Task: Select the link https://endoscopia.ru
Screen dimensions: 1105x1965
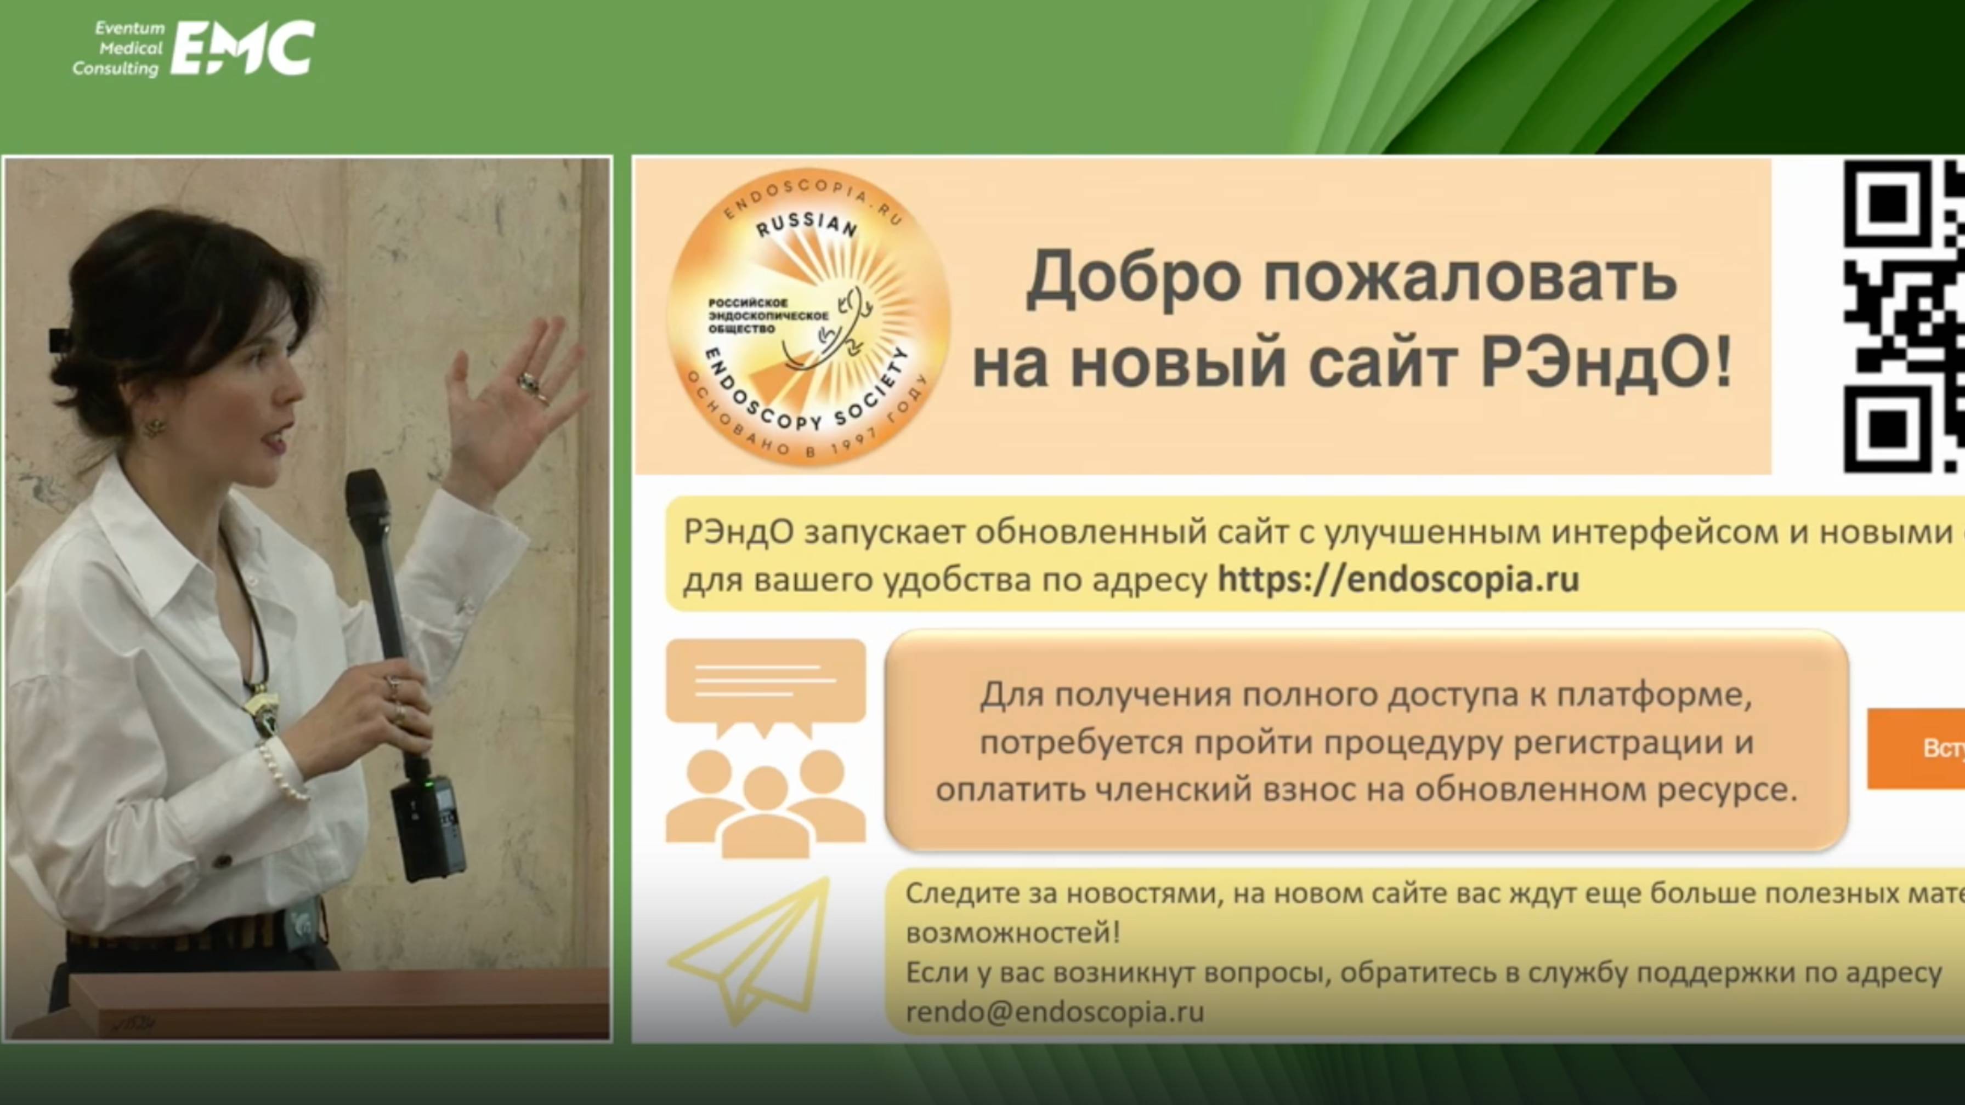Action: pyautogui.click(x=1397, y=579)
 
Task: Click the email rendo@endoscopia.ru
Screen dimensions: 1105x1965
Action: pyautogui.click(x=1055, y=1012)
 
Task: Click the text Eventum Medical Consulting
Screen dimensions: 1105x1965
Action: pyautogui.click(x=118, y=48)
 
